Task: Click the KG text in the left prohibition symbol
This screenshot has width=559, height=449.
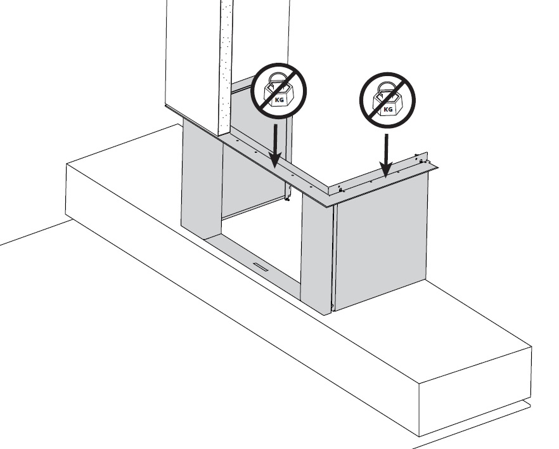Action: (279, 100)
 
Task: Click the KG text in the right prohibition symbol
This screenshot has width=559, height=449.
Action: (388, 110)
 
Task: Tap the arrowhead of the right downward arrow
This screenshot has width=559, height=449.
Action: (386, 169)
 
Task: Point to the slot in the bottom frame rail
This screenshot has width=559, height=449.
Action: (262, 266)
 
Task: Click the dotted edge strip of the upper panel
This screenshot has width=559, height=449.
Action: (225, 68)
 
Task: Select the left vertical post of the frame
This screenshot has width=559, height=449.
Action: (202, 178)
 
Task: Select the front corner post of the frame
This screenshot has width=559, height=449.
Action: (317, 253)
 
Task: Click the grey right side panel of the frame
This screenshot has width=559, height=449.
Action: (380, 242)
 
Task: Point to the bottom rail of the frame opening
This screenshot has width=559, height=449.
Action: (254, 262)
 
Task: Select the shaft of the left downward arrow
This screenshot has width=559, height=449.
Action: (275, 138)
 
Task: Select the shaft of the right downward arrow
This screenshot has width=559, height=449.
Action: (386, 148)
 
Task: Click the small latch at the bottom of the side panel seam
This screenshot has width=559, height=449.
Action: (332, 306)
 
